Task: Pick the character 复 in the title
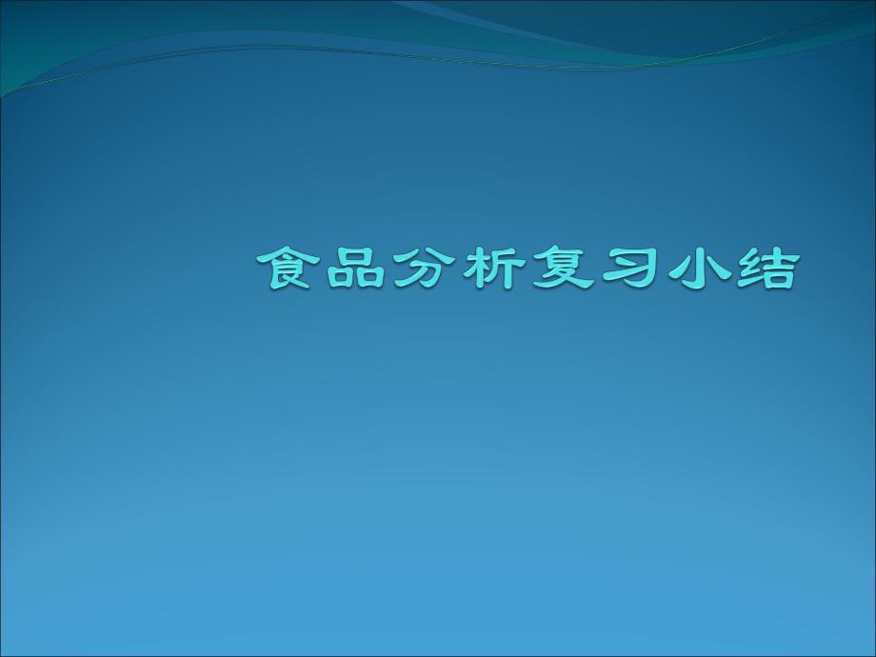coord(559,269)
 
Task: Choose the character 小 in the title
coord(694,269)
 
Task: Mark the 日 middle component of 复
coord(560,268)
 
